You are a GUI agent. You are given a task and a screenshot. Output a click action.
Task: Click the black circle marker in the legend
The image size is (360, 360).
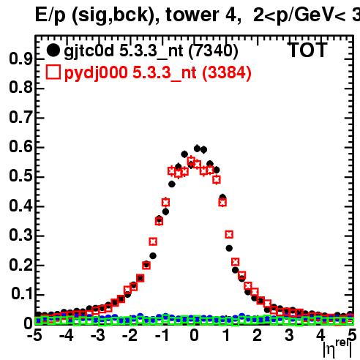[x=53, y=50]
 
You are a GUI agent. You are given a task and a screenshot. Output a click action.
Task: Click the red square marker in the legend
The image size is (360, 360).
[x=53, y=72]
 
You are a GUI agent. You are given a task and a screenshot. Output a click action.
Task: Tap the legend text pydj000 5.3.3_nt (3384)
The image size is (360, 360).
[x=158, y=73]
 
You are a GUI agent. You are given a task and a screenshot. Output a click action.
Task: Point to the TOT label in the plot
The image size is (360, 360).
[x=307, y=50]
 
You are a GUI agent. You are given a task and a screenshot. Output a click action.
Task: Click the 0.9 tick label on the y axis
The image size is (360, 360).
[x=20, y=59]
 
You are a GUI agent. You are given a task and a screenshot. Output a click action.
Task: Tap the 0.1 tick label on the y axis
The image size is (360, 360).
[x=22, y=293]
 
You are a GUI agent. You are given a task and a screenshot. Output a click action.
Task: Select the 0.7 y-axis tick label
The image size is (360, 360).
[x=20, y=117]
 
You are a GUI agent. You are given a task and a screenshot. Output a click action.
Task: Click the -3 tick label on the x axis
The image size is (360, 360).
[x=98, y=335]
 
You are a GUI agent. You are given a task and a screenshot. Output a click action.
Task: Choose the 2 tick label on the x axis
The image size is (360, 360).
[x=258, y=335]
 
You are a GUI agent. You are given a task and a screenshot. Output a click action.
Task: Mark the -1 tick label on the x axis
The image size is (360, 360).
[x=162, y=335]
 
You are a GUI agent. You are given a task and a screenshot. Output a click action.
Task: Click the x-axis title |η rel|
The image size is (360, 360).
[x=337, y=349]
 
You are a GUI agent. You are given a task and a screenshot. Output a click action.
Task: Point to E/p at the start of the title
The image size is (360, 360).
[x=50, y=15]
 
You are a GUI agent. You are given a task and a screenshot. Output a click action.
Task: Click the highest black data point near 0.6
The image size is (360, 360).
[x=197, y=149]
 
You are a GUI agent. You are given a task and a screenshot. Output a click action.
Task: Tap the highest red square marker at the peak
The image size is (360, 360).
[x=191, y=160]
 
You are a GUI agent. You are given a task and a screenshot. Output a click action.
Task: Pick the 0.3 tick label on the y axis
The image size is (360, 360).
[x=20, y=235]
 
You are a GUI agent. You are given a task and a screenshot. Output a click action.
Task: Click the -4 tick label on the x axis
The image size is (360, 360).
[x=67, y=335]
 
